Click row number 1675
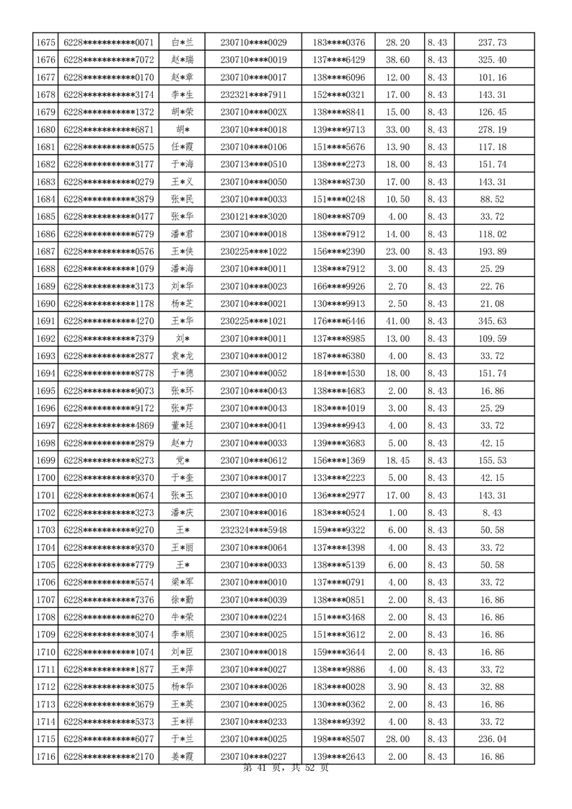point(45,43)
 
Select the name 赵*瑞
point(182,60)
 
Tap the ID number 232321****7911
point(253,94)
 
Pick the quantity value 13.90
point(398,147)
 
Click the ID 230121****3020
point(253,216)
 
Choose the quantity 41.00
point(398,321)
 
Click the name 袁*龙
point(182,355)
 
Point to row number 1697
point(45,425)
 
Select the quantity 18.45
point(398,460)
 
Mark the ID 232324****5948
point(253,530)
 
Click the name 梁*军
point(182,582)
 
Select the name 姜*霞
point(182,756)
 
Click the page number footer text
point(286,769)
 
